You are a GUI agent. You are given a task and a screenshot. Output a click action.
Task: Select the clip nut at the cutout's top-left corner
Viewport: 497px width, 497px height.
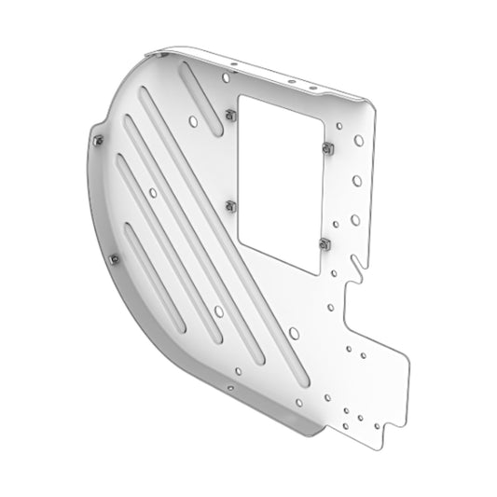(229, 115)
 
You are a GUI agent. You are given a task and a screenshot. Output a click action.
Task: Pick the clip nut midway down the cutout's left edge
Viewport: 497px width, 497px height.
(230, 205)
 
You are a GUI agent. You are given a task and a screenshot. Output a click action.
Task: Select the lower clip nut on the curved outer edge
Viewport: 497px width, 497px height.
(114, 259)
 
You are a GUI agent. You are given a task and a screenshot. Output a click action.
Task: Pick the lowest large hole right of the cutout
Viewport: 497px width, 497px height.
(355, 220)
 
